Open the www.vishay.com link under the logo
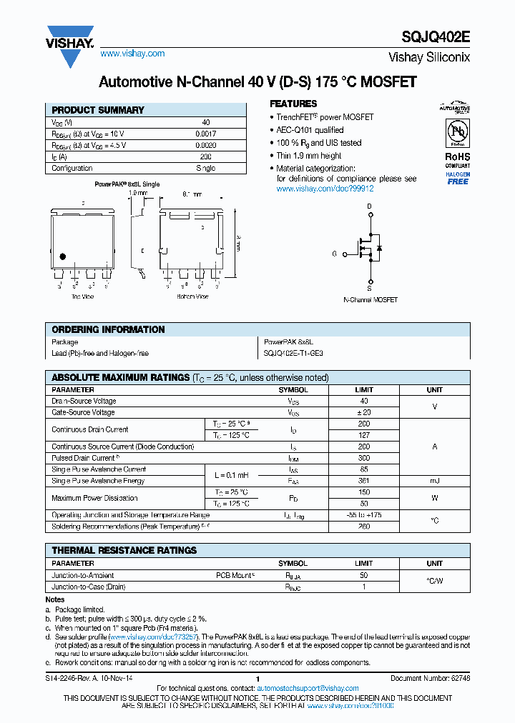coord(132,54)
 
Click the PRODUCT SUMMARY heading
coord(98,110)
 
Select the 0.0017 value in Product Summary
coord(205,134)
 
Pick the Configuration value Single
coord(205,169)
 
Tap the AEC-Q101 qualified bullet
coord(310,130)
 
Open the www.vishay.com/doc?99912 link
coord(325,189)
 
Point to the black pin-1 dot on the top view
coord(63,256)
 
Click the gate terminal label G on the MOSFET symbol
coord(334,254)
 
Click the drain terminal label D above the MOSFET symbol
coord(370,207)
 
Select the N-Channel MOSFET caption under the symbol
coord(371,300)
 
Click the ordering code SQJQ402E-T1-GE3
coord(293,353)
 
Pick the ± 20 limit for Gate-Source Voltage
coord(364,412)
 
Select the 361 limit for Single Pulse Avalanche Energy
coord(364,481)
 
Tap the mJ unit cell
coord(434,481)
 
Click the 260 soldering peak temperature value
coord(364,527)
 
